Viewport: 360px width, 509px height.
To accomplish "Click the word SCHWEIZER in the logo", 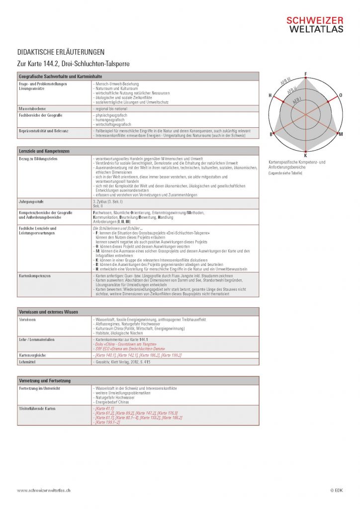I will coord(314,20).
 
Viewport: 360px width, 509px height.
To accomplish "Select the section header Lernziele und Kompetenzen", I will coord(44,151).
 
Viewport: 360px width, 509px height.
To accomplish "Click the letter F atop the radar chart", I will coord(305,74).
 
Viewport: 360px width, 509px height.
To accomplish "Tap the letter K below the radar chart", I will coord(305,156).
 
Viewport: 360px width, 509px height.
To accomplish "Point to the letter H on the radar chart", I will coord(270,95).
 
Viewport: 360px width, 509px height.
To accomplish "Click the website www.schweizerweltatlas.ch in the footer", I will coord(43,490).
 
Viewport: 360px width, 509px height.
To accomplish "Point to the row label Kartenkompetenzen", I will coord(34,275).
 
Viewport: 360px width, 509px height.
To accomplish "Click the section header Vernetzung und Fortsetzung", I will coord(45,380).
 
